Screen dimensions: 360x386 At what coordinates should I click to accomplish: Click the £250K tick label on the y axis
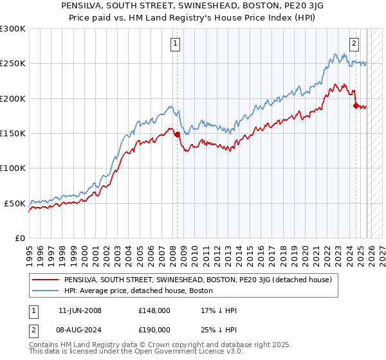tap(13, 64)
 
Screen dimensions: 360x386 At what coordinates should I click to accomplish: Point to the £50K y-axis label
tap(15, 203)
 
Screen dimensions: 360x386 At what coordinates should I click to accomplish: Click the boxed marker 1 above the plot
tap(175, 44)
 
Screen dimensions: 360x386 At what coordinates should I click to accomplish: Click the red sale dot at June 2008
tap(177, 134)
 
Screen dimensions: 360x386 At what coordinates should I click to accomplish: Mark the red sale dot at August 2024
tap(355, 105)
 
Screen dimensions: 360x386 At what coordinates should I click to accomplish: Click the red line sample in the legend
tap(45, 280)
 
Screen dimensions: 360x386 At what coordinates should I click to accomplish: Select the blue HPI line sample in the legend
tap(45, 291)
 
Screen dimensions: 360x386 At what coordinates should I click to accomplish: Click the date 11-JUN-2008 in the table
tap(80, 310)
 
